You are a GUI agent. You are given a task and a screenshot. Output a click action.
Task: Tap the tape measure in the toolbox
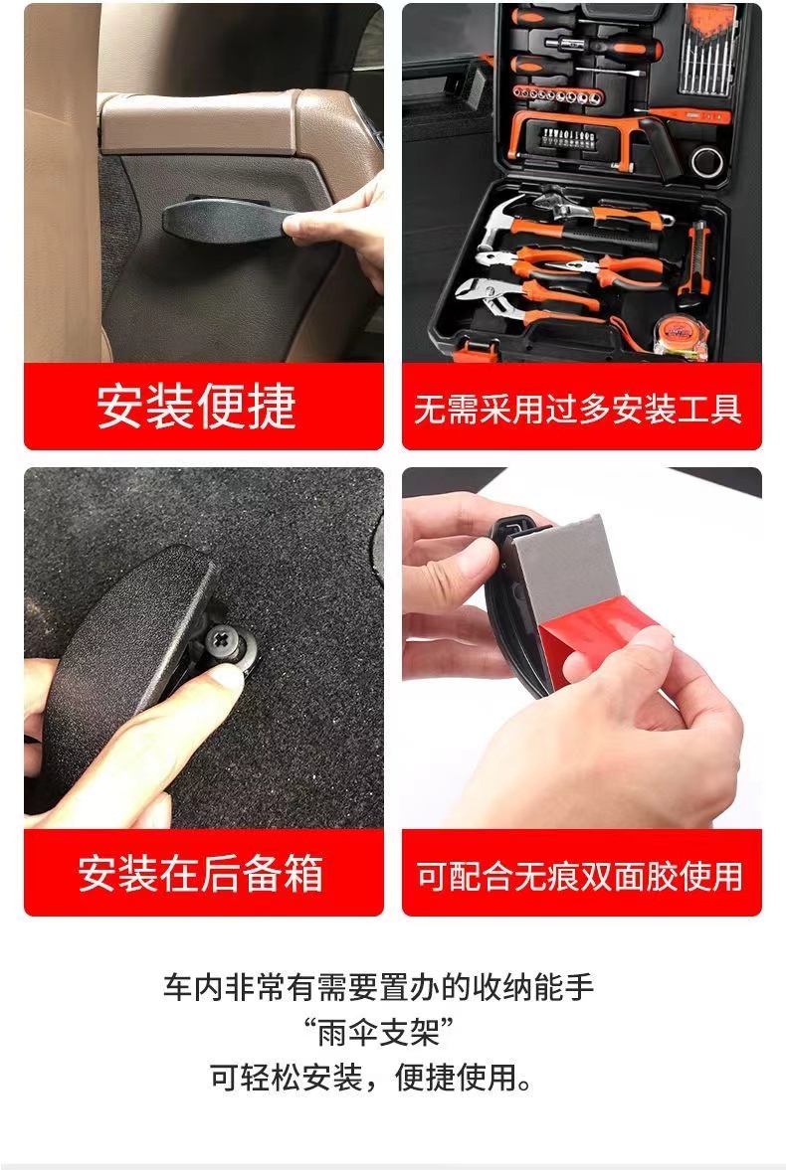click(x=680, y=337)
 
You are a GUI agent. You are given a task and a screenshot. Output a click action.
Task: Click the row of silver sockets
click(x=559, y=94)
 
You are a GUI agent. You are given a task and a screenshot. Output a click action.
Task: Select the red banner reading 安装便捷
click(x=204, y=407)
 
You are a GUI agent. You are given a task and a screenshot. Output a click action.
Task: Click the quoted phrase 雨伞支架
click(x=379, y=1034)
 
